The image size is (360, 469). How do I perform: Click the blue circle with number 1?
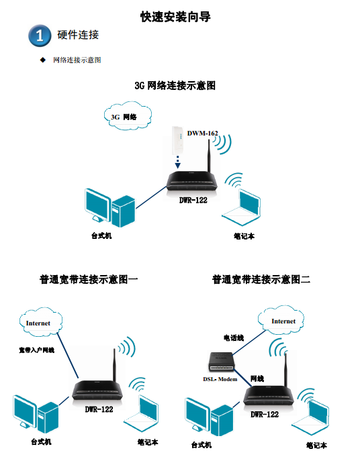click(40, 36)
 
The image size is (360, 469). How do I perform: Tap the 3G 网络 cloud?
click(128, 116)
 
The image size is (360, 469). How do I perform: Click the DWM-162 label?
click(202, 133)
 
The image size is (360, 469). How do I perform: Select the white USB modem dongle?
click(177, 140)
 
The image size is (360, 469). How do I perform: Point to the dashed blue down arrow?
click(177, 162)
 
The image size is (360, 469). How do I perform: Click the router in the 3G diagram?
click(192, 180)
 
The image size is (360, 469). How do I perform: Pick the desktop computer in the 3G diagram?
click(110, 208)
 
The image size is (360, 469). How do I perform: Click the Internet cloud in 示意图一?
click(41, 322)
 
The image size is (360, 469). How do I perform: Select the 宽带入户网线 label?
click(36, 350)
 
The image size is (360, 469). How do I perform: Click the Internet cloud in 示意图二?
click(281, 320)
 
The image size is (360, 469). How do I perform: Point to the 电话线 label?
click(234, 337)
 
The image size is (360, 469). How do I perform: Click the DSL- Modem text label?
click(220, 379)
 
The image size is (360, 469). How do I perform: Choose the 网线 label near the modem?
click(257, 378)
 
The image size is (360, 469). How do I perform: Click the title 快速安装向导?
click(175, 17)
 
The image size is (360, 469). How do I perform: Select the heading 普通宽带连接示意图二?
click(261, 279)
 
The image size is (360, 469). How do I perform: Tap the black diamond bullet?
click(43, 60)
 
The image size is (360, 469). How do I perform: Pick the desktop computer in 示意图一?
click(36, 414)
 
